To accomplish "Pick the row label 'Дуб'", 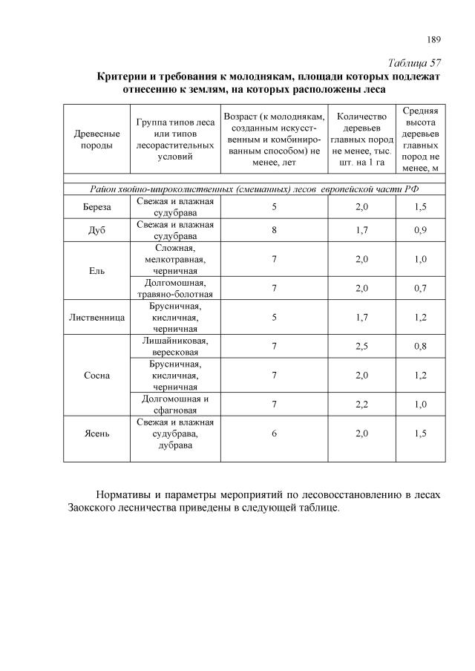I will pyautogui.click(x=97, y=231).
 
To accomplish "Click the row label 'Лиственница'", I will pyautogui.click(x=97, y=317).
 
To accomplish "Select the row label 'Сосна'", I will pyautogui.click(x=97, y=375).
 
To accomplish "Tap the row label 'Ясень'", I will pyautogui.click(x=97, y=434).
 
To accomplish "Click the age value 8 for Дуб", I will pyautogui.click(x=274, y=231).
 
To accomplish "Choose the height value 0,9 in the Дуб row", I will pyautogui.click(x=420, y=231).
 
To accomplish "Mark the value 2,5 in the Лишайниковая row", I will pyautogui.click(x=361, y=346).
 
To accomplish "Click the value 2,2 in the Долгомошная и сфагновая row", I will pyautogui.click(x=361, y=404).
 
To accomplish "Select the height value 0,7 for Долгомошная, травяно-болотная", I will pyautogui.click(x=420, y=288).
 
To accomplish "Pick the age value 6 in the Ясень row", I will pyautogui.click(x=274, y=434).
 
